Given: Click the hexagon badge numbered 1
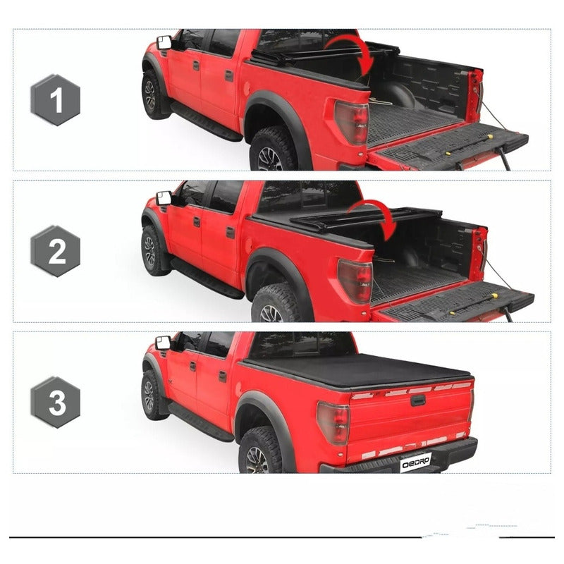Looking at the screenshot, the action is pyautogui.click(x=56, y=100).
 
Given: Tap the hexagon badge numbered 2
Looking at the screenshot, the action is pyautogui.click(x=56, y=251).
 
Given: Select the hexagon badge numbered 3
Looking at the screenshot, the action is pyautogui.click(x=56, y=402).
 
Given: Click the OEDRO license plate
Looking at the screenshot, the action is pyautogui.click(x=415, y=462).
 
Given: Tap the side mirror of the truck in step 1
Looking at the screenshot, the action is pyautogui.click(x=164, y=42).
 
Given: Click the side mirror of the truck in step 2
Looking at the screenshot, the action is pyautogui.click(x=164, y=198).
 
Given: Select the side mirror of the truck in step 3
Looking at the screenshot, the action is pyautogui.click(x=163, y=343).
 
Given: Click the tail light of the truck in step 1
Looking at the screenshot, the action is pyautogui.click(x=352, y=122).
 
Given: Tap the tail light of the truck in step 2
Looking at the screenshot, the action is pyautogui.click(x=355, y=281).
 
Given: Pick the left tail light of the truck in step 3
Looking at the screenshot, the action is pyautogui.click(x=333, y=423).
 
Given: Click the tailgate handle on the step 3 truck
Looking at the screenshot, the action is pyautogui.click(x=417, y=400).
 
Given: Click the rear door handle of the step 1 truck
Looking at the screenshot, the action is pyautogui.click(x=229, y=76).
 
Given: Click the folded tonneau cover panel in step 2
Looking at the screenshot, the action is pyautogui.click(x=365, y=219).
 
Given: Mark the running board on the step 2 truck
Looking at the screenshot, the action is pyautogui.click(x=207, y=278).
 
